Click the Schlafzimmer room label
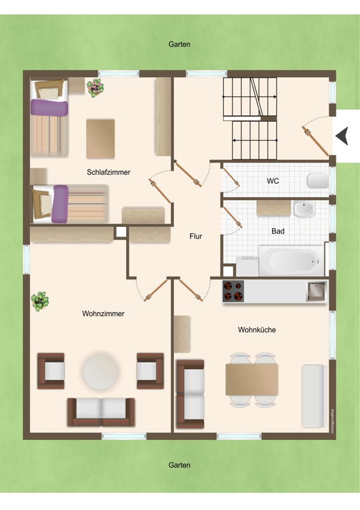108,172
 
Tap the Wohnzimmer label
103,314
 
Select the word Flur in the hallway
196,237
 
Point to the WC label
273,181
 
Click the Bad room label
278,231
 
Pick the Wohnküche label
257,330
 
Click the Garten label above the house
179,44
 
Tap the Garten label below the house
179,465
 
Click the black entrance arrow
342,136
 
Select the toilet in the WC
318,181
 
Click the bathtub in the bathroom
291,261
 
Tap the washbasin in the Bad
304,209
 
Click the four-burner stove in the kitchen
233,291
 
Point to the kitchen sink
317,291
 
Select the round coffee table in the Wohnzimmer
101,372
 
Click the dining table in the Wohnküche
252,379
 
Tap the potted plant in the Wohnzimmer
40,301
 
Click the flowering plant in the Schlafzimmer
95,88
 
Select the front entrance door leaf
315,141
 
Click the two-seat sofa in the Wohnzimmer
101,412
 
